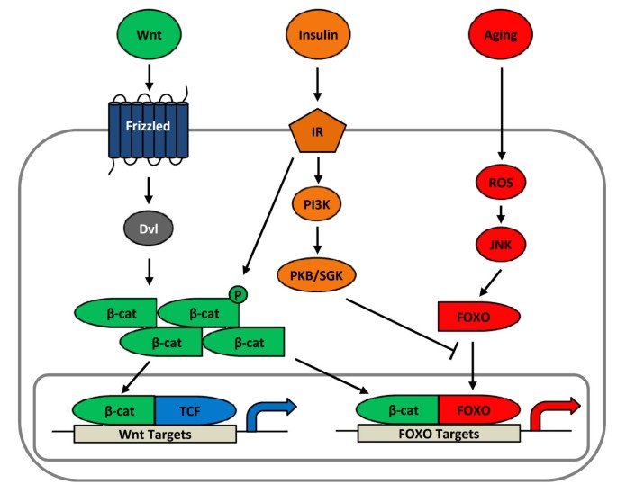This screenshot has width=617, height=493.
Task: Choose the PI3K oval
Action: pyautogui.click(x=316, y=204)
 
